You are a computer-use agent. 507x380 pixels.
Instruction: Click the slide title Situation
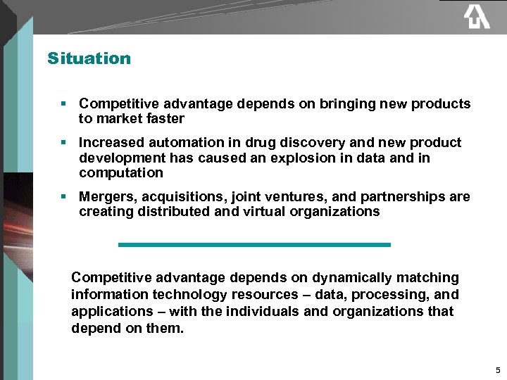(x=89, y=58)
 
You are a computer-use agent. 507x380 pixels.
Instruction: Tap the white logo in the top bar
(x=477, y=16)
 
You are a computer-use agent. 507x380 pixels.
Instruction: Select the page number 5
(x=498, y=370)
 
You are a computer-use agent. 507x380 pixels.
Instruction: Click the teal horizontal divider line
(x=254, y=244)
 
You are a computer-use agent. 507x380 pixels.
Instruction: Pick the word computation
(x=121, y=173)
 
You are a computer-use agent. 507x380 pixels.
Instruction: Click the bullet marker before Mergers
(x=63, y=197)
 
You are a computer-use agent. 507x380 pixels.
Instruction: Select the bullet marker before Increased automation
(x=63, y=143)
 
